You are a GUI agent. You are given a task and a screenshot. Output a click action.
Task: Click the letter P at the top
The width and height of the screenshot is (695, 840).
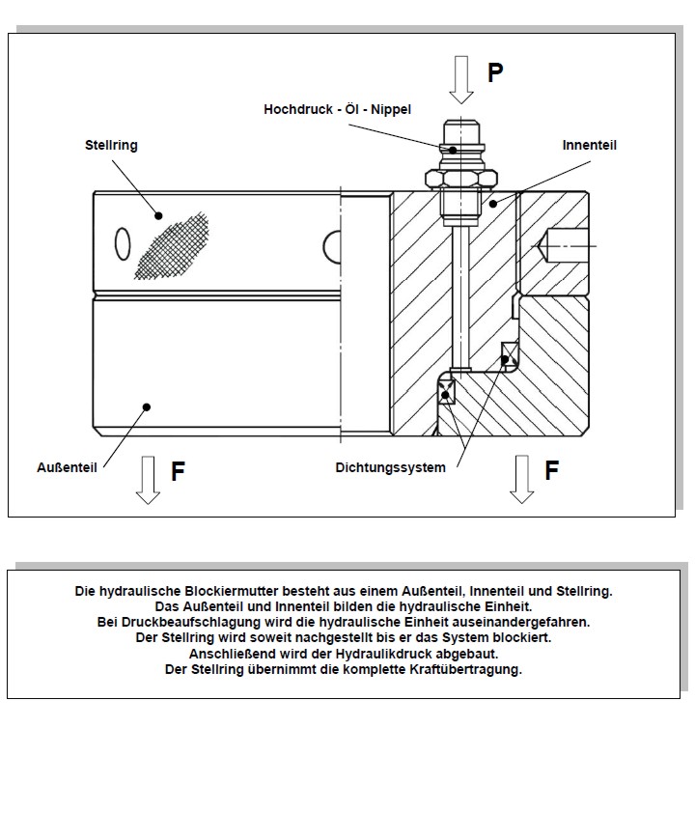click(x=495, y=72)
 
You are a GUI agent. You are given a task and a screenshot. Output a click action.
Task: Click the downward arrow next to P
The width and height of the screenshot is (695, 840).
click(x=460, y=79)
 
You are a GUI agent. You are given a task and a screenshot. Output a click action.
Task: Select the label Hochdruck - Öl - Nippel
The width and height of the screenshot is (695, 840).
click(x=337, y=109)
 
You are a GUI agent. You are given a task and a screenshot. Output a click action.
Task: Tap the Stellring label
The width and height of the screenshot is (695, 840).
click(x=111, y=145)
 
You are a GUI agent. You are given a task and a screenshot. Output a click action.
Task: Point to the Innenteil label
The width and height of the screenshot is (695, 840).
click(x=590, y=145)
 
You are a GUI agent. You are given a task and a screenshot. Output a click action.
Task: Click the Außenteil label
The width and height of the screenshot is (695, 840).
click(x=67, y=467)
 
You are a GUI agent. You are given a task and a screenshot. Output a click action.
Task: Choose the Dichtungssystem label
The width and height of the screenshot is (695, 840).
click(x=390, y=467)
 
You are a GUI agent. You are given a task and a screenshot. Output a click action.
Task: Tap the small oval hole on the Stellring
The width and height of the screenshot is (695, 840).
click(x=123, y=243)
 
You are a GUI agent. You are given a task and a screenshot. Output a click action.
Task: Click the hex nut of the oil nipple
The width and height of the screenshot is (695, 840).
click(x=461, y=179)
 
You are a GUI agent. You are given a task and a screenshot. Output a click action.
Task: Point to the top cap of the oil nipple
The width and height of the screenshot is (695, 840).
click(x=461, y=131)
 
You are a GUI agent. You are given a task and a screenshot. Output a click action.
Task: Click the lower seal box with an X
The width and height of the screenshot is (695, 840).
click(x=446, y=390)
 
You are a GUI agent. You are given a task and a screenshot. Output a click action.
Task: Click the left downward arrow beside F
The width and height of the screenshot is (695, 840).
click(x=148, y=480)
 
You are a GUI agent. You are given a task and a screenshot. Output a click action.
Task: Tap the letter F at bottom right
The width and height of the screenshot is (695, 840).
click(x=551, y=470)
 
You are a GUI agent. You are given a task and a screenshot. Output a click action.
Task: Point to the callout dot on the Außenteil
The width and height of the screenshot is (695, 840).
click(x=148, y=407)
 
